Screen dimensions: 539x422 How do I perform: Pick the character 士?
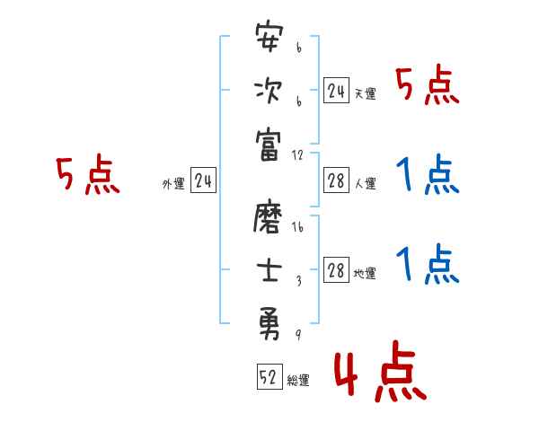click(269, 269)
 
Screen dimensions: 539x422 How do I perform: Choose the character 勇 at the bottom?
click(269, 321)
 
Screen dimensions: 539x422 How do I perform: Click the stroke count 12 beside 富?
click(299, 155)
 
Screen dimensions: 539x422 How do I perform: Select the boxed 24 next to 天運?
click(336, 90)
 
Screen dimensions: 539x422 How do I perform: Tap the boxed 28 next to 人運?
click(336, 180)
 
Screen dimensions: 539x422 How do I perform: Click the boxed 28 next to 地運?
click(336, 270)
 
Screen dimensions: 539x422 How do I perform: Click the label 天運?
click(364, 93)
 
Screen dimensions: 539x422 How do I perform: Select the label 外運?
click(172, 184)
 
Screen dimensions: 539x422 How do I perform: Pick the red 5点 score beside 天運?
click(427, 87)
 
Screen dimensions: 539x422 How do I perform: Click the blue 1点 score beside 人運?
click(427, 176)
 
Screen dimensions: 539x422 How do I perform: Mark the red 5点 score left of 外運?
click(87, 175)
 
